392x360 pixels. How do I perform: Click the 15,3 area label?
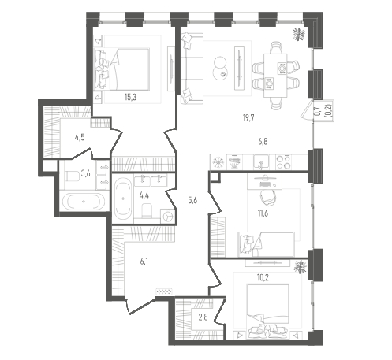click(x=130, y=98)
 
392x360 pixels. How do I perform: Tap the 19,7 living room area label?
click(x=248, y=118)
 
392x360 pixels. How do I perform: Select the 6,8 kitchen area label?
click(x=263, y=142)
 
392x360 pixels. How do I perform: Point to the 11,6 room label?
click(x=263, y=213)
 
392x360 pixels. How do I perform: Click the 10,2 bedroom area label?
click(x=263, y=277)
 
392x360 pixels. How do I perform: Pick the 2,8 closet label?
click(x=203, y=317)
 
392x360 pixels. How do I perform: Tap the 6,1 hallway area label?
click(x=144, y=262)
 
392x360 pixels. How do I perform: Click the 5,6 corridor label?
click(x=192, y=200)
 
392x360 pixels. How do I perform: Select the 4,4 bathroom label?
click(x=144, y=195)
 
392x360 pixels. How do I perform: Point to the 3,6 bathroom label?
click(x=86, y=173)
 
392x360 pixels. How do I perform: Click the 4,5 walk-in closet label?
click(x=80, y=137)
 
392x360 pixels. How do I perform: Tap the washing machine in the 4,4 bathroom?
click(x=167, y=217)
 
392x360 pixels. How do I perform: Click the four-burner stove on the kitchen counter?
click(x=283, y=161)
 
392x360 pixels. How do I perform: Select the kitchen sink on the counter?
click(x=261, y=161)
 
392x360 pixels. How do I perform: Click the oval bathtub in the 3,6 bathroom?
click(x=84, y=202)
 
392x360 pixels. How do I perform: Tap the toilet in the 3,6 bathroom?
click(x=72, y=176)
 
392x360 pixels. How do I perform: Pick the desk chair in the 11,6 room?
click(x=268, y=197)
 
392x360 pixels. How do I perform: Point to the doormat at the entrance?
click(x=164, y=291)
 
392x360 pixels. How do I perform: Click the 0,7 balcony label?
click(x=318, y=110)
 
